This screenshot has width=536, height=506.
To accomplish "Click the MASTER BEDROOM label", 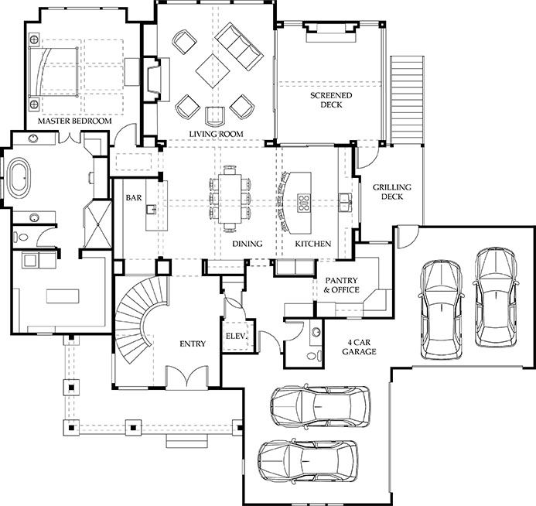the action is (74, 121).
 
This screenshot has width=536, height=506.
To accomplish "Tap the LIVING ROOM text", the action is (216, 134).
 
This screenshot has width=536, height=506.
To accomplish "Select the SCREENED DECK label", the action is (331, 100).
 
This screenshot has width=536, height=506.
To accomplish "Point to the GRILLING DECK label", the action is (392, 192).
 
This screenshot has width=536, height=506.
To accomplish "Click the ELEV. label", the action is (236, 337).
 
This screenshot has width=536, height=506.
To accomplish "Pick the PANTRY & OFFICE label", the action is (341, 285).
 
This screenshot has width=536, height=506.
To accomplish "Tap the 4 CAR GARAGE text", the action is (359, 347).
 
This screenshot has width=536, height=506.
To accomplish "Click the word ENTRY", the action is (193, 344).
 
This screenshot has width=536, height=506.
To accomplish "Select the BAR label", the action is (134, 197).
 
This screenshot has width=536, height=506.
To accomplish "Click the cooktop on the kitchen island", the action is (303, 202).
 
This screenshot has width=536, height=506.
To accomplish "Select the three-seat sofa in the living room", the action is (239, 47).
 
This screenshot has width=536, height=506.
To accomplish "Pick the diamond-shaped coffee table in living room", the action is (213, 70).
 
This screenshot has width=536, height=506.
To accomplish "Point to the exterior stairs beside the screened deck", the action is (407, 100).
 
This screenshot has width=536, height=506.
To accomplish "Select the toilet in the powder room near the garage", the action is (315, 356).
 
